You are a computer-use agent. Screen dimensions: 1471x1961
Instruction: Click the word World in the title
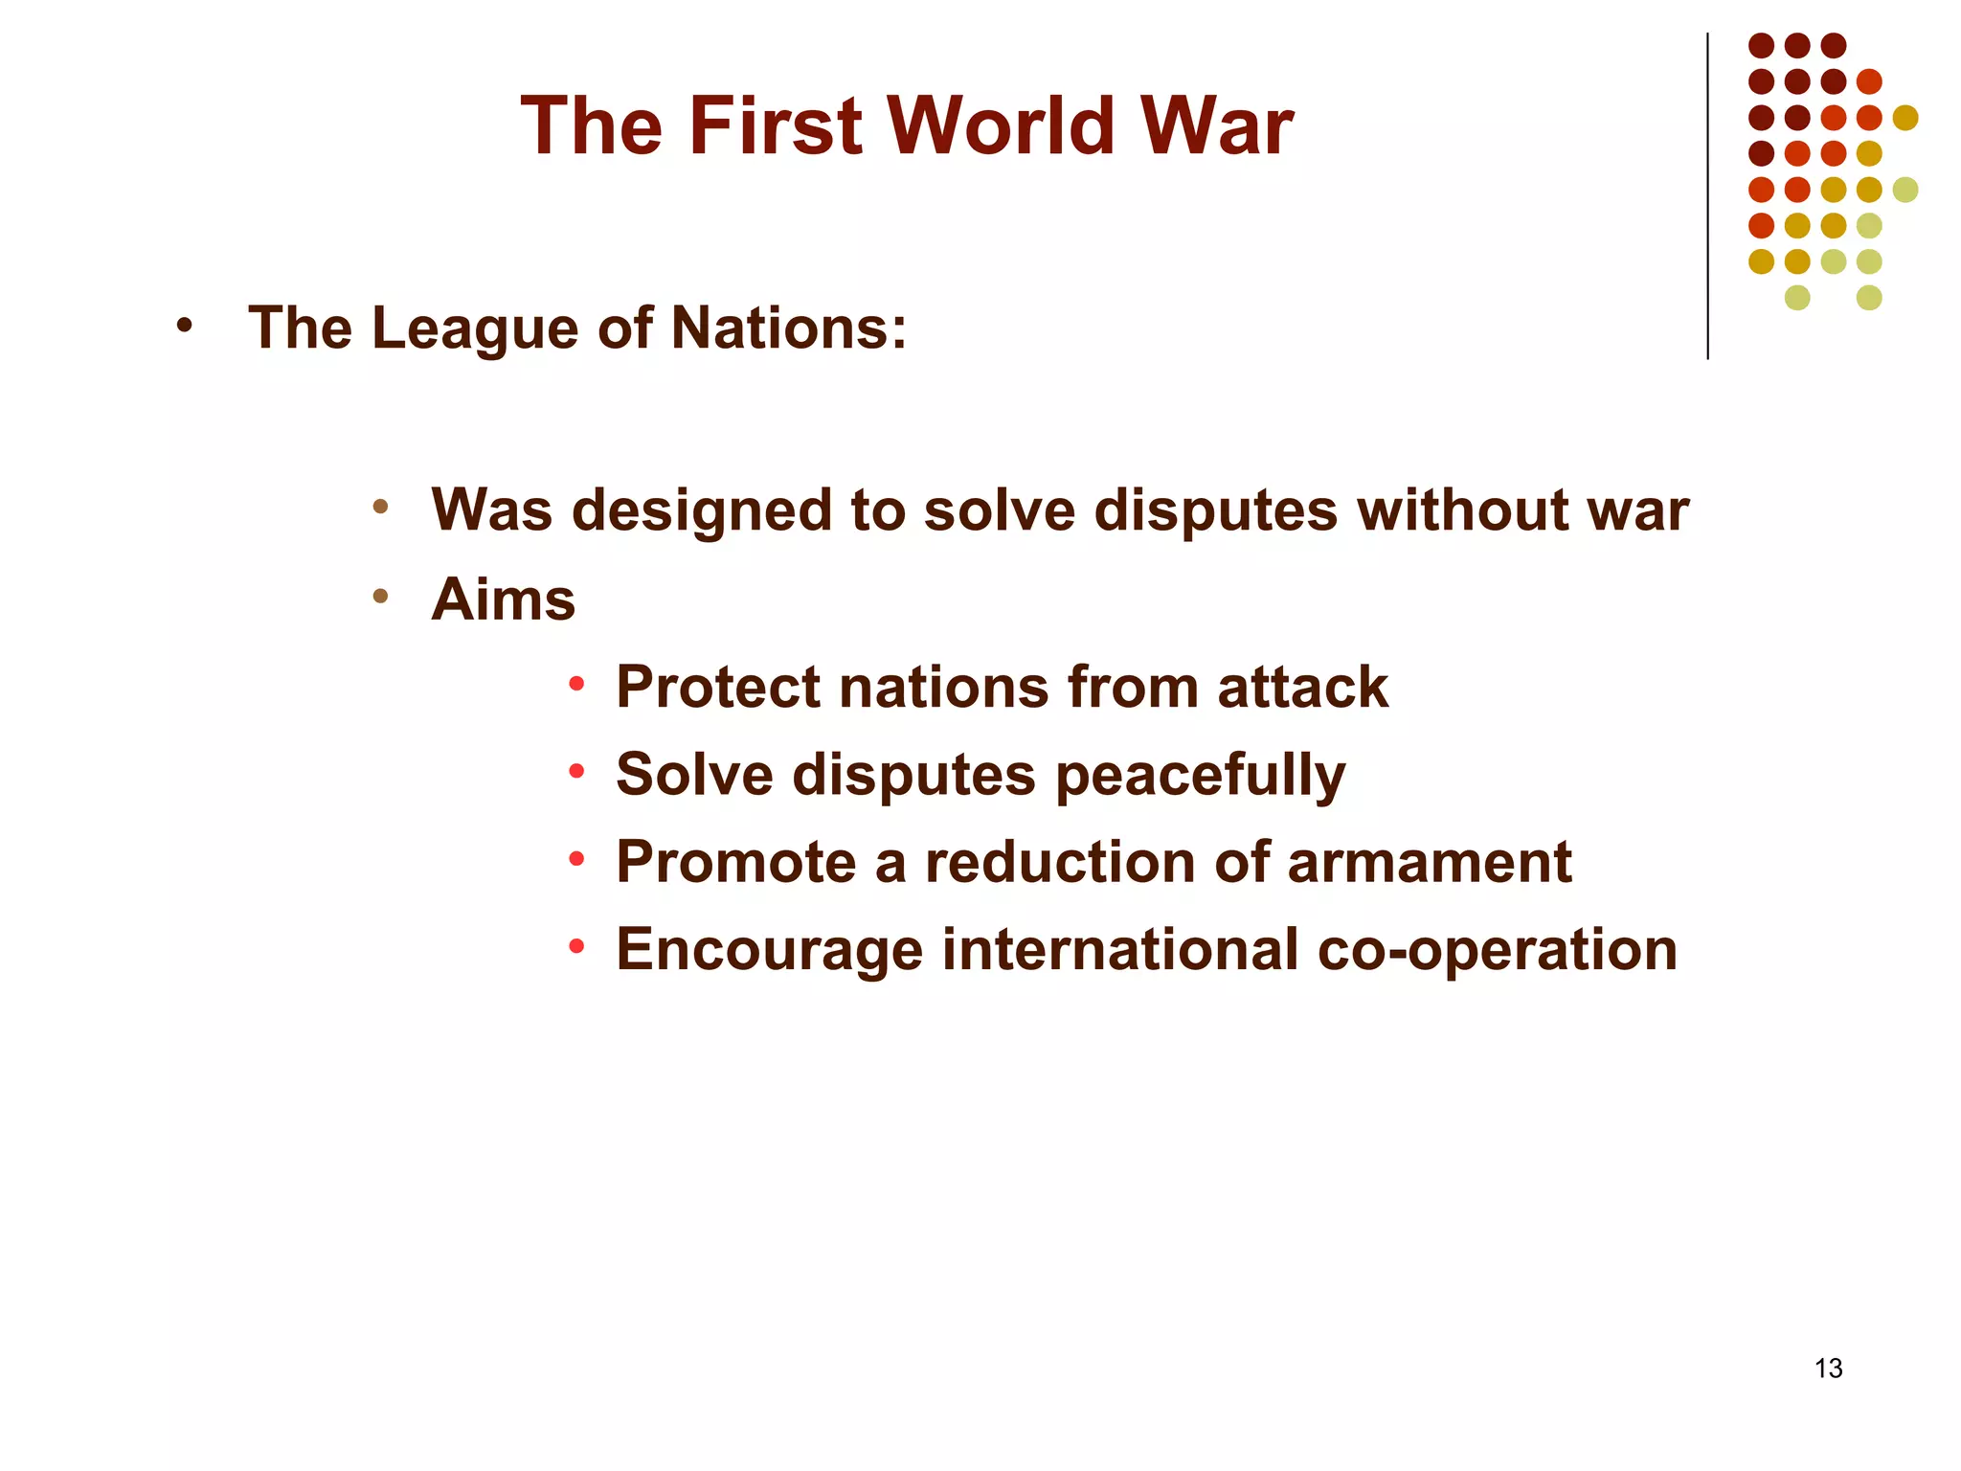point(1000,126)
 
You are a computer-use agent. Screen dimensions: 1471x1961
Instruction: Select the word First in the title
point(776,126)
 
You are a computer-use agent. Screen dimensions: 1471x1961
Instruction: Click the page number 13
point(1828,1369)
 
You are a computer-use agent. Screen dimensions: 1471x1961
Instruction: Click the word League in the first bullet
point(474,328)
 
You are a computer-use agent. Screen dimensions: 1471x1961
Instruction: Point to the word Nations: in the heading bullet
point(788,328)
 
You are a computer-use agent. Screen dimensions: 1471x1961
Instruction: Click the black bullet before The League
point(184,327)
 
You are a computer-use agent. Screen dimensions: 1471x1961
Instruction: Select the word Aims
point(504,600)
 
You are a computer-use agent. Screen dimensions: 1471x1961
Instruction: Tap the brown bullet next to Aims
point(380,597)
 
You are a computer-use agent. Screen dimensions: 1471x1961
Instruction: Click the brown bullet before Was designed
point(380,507)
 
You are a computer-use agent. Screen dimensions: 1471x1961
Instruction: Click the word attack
point(1302,688)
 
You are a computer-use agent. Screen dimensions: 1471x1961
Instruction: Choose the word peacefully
point(1201,776)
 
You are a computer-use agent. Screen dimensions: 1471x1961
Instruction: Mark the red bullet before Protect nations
point(575,685)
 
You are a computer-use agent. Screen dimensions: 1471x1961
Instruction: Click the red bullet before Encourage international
point(575,947)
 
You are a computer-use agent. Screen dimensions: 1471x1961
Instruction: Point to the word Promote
point(735,862)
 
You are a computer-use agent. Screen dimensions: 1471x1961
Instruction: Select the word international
point(1120,950)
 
